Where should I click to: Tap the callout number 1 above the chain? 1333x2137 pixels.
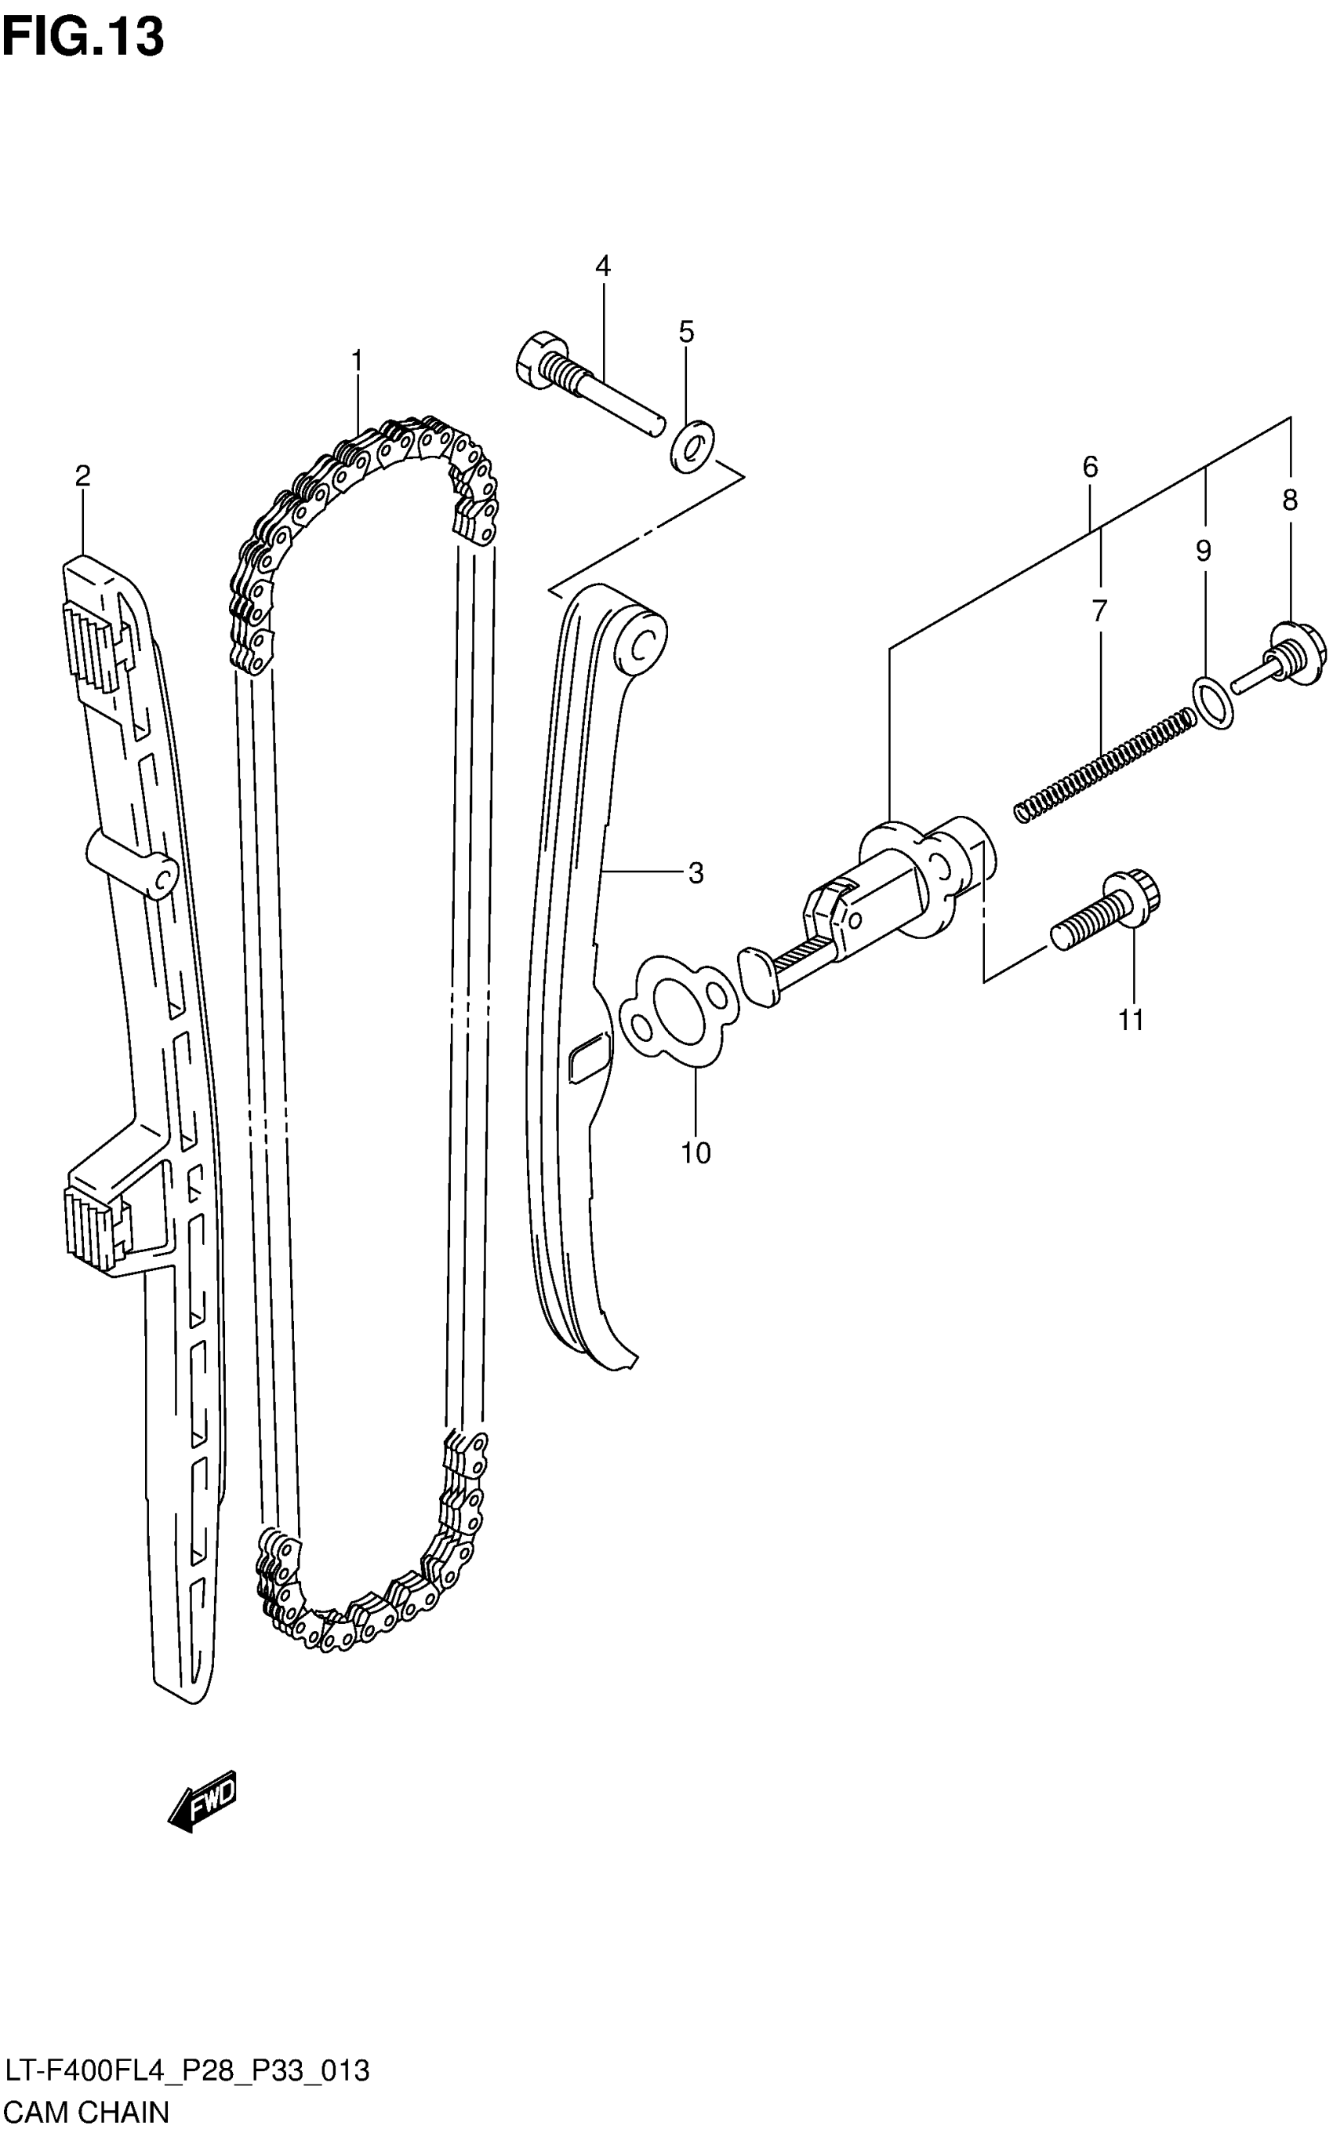357,361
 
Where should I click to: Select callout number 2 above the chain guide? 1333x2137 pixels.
82,476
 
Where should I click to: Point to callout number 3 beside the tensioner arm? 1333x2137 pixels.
696,873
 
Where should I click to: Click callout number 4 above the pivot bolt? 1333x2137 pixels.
603,265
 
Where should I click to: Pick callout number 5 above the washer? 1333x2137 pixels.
687,333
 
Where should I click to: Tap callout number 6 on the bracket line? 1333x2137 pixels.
1091,468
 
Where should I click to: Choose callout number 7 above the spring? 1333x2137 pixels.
1099,610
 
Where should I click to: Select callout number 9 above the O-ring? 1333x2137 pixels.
1204,552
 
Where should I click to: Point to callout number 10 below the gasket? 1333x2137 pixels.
696,1152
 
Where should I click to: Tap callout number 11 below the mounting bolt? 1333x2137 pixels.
1131,1020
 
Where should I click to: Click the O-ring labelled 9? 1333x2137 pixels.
1213,702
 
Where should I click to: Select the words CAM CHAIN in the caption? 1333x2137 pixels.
87,2113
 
